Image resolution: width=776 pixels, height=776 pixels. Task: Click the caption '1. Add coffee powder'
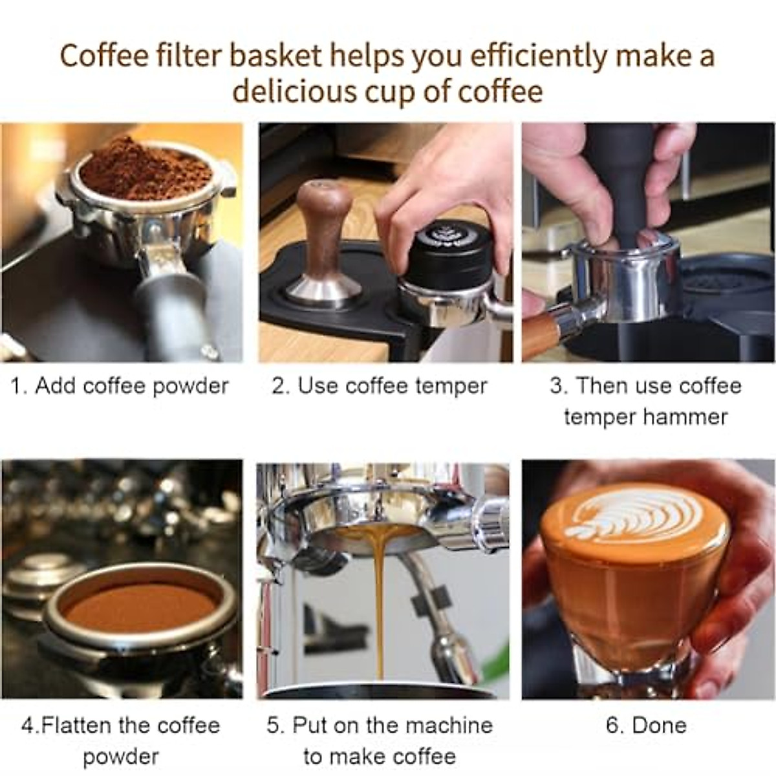120,386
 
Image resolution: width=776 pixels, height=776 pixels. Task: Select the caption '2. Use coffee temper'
380,386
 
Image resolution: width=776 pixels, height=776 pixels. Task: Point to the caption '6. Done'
645,725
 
